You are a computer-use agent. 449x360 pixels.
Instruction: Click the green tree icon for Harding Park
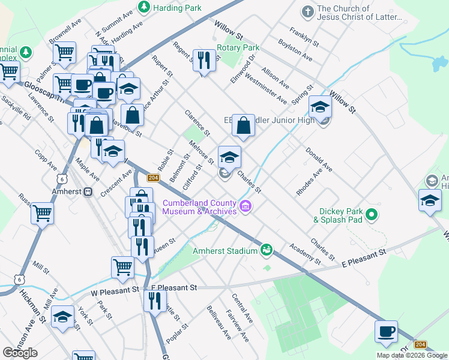point(143,8)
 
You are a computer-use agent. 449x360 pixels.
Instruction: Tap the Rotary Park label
point(238,47)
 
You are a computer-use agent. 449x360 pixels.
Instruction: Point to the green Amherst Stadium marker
point(266,250)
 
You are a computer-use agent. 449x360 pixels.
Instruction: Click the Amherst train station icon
point(88,191)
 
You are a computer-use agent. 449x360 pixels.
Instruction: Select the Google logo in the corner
point(20,352)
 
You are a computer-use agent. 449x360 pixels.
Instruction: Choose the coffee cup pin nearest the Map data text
point(386,331)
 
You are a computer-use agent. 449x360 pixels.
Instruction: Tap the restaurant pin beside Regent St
point(205,59)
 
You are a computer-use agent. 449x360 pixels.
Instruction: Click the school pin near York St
point(62,317)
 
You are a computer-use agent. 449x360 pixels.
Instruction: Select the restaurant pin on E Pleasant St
point(155,300)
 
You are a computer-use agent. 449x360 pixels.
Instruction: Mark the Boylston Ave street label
point(295,50)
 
